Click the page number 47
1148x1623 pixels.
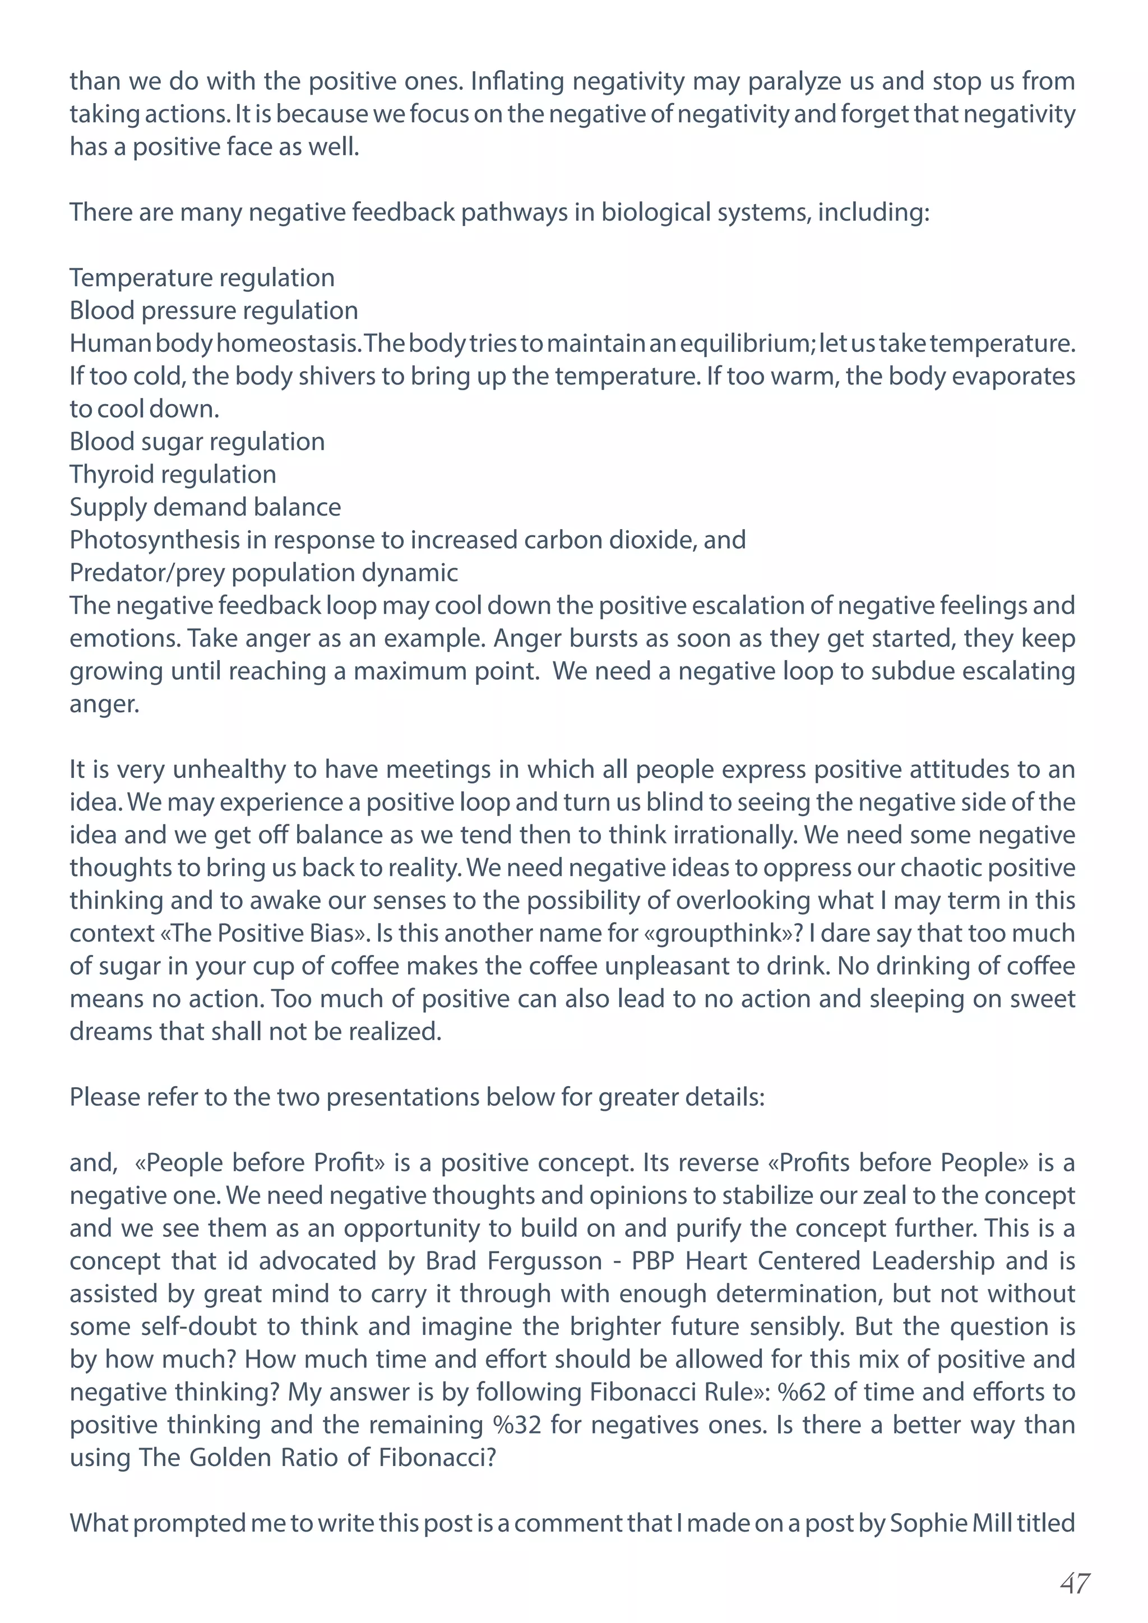[x=1075, y=1583]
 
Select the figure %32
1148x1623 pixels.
[x=517, y=1425]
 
